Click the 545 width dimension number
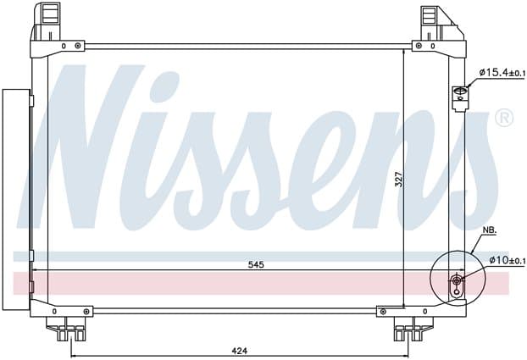tap(256, 265)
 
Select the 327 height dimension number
tap(398, 180)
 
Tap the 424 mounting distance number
tap(240, 351)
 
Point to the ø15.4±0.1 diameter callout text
tap(502, 72)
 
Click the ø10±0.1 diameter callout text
tap(507, 260)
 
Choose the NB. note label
tap(490, 230)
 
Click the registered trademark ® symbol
tap(504, 118)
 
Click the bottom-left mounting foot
tap(66, 329)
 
